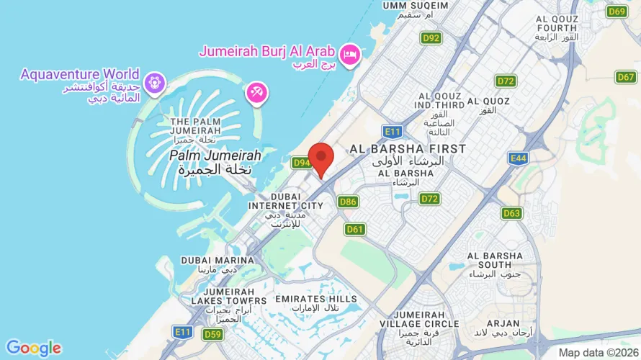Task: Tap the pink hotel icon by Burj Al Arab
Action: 350,54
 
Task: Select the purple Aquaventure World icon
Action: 153,84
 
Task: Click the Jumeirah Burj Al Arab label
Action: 266,52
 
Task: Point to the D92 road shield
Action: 431,37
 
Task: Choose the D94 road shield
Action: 302,163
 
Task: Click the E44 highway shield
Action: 518,158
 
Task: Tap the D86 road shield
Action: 348,202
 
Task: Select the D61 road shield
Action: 354,229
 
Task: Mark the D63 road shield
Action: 512,213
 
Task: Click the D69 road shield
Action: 617,11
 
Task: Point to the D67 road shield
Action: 625,77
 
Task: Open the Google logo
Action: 33,348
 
